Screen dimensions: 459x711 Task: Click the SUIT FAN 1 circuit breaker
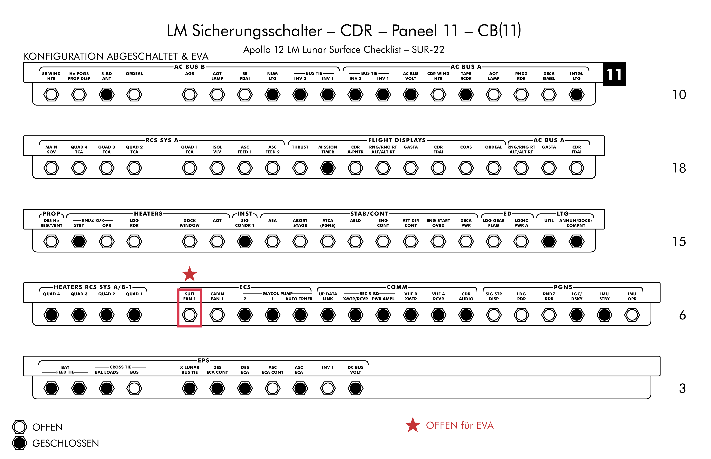[x=189, y=315]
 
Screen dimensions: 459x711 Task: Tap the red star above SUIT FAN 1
[x=189, y=274]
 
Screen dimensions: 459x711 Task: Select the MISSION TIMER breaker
[x=328, y=168]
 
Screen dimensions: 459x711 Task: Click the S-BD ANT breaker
[x=107, y=95]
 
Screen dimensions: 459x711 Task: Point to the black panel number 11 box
[x=614, y=74]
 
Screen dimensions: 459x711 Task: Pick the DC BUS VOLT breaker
[x=355, y=388]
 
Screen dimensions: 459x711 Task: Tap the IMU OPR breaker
[x=632, y=315]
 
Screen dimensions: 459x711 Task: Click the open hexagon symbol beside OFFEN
[x=19, y=427]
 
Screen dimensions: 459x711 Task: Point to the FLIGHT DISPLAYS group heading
[x=397, y=140]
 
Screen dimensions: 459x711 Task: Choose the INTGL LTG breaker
[x=576, y=95]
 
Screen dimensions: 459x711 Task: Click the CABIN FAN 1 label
[x=217, y=296]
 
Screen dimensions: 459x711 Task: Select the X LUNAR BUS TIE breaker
[x=189, y=388]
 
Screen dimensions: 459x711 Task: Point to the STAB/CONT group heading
[x=369, y=214]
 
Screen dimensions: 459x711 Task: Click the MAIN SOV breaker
[x=51, y=168]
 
